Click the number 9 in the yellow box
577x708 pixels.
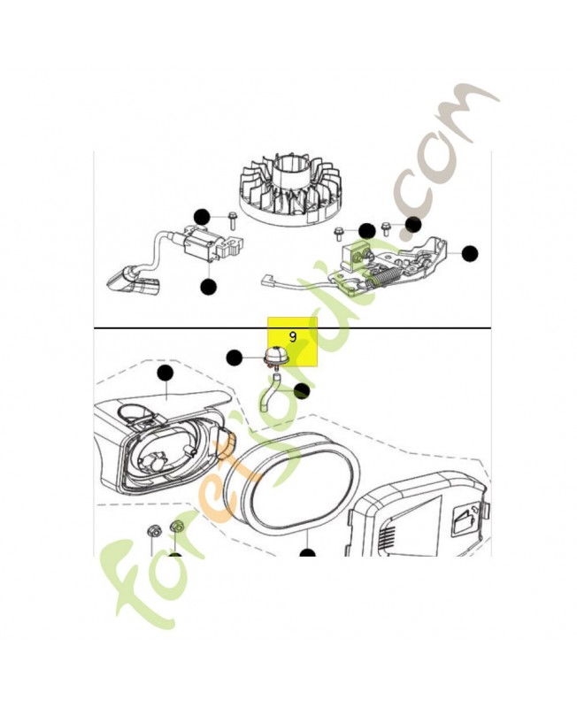[293, 337]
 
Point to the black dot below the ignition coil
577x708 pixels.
[208, 287]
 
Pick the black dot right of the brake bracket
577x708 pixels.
[470, 254]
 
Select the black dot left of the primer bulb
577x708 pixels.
[234, 358]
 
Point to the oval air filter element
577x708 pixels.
[292, 481]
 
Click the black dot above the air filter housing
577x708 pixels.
[165, 373]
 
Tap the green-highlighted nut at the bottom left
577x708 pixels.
[176, 527]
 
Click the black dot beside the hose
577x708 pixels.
[301, 391]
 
